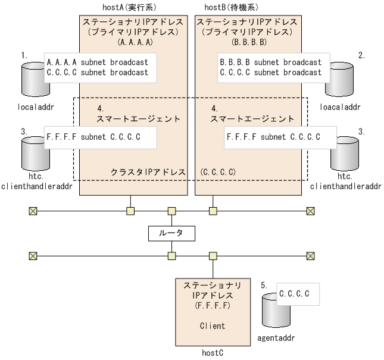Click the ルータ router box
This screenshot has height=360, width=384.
[171, 234]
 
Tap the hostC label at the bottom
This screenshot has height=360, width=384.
[213, 353]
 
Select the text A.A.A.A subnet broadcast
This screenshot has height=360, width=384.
[95, 62]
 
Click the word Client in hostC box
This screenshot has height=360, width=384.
[213, 325]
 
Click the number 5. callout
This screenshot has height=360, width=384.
[265, 286]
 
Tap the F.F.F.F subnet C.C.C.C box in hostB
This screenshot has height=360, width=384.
[273, 137]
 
